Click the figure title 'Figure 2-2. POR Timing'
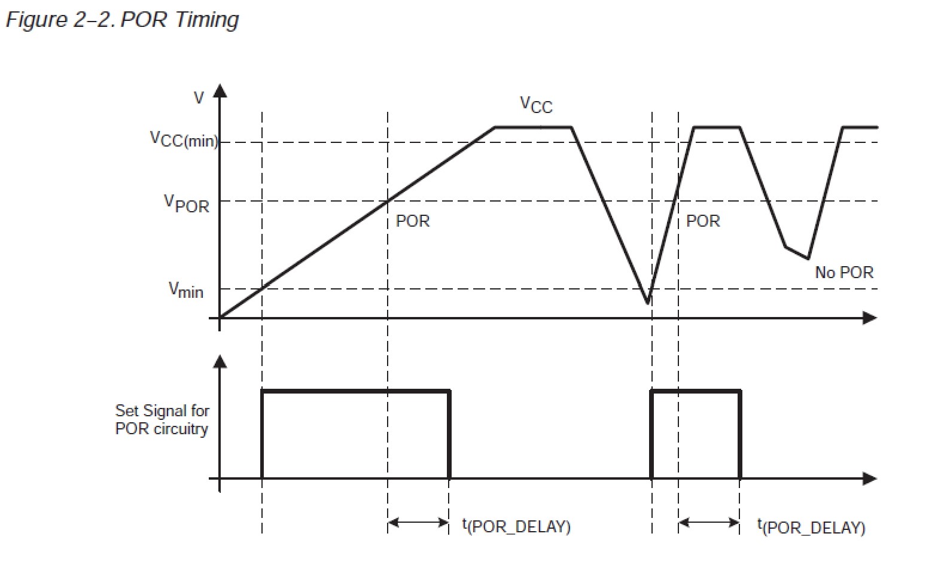122,20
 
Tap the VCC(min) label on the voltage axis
183,139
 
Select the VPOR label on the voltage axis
187,203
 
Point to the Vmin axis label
185,291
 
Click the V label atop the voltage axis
199,98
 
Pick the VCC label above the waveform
536,105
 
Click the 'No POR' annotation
844,273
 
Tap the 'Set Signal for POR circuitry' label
162,420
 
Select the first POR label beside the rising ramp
413,221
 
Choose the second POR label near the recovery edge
703,221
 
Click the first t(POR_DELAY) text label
516,526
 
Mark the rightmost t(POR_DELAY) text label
811,526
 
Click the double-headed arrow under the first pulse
418,523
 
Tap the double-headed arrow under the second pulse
709,523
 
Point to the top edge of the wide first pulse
355,391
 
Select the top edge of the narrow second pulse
696,391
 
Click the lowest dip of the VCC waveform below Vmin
648,303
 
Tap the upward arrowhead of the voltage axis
220,90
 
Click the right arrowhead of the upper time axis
870,318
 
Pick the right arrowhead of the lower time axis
870,478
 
